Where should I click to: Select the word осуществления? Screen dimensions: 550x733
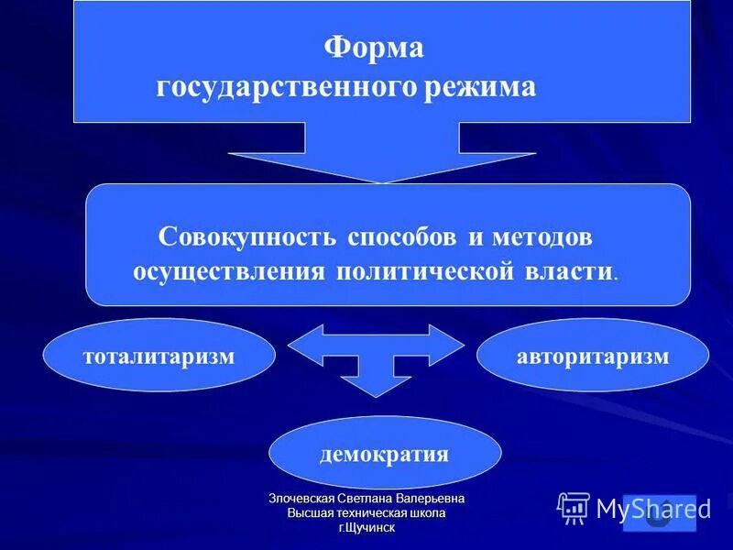click(x=229, y=272)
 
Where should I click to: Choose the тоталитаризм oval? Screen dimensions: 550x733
click(x=159, y=356)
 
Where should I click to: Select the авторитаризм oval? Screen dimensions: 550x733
click(x=593, y=356)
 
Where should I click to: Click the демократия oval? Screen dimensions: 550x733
click(x=385, y=454)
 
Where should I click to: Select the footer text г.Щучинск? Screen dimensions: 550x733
click(x=366, y=528)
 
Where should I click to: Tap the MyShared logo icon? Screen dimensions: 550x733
click(x=574, y=508)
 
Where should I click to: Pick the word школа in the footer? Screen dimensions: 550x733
click(x=426, y=513)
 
